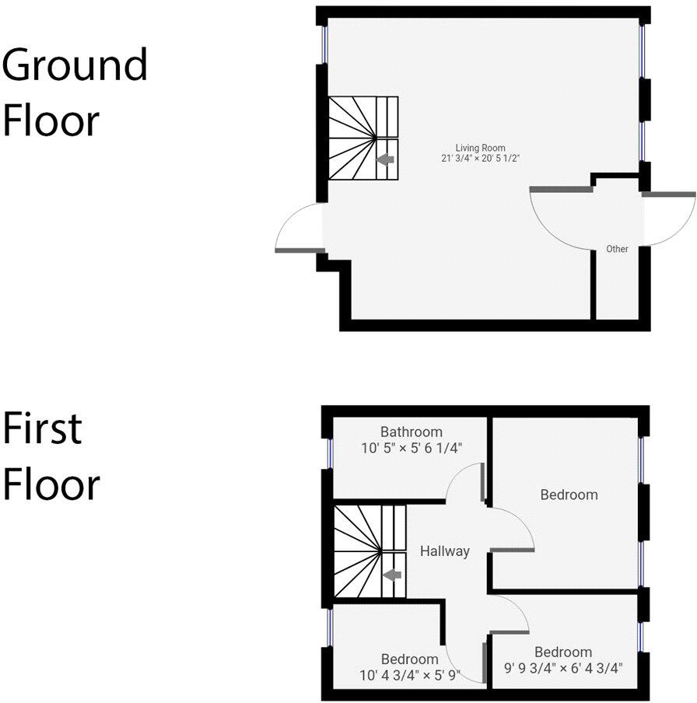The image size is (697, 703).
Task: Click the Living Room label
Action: click(480, 148)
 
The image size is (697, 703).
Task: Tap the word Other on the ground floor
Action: click(617, 250)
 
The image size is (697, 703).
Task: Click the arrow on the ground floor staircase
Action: click(385, 159)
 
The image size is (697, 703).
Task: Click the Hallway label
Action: click(445, 551)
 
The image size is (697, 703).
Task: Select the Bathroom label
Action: click(411, 432)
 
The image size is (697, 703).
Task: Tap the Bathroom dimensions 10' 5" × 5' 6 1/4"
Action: click(411, 448)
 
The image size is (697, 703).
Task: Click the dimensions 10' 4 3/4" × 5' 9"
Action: click(410, 676)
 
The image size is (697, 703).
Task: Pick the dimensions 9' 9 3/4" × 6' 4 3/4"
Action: click(563, 668)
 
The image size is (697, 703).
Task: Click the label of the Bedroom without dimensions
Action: click(569, 495)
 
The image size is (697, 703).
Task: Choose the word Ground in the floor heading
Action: click(75, 66)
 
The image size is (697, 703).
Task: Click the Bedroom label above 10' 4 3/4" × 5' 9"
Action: click(410, 660)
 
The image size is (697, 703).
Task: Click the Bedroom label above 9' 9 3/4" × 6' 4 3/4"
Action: click(563, 652)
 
